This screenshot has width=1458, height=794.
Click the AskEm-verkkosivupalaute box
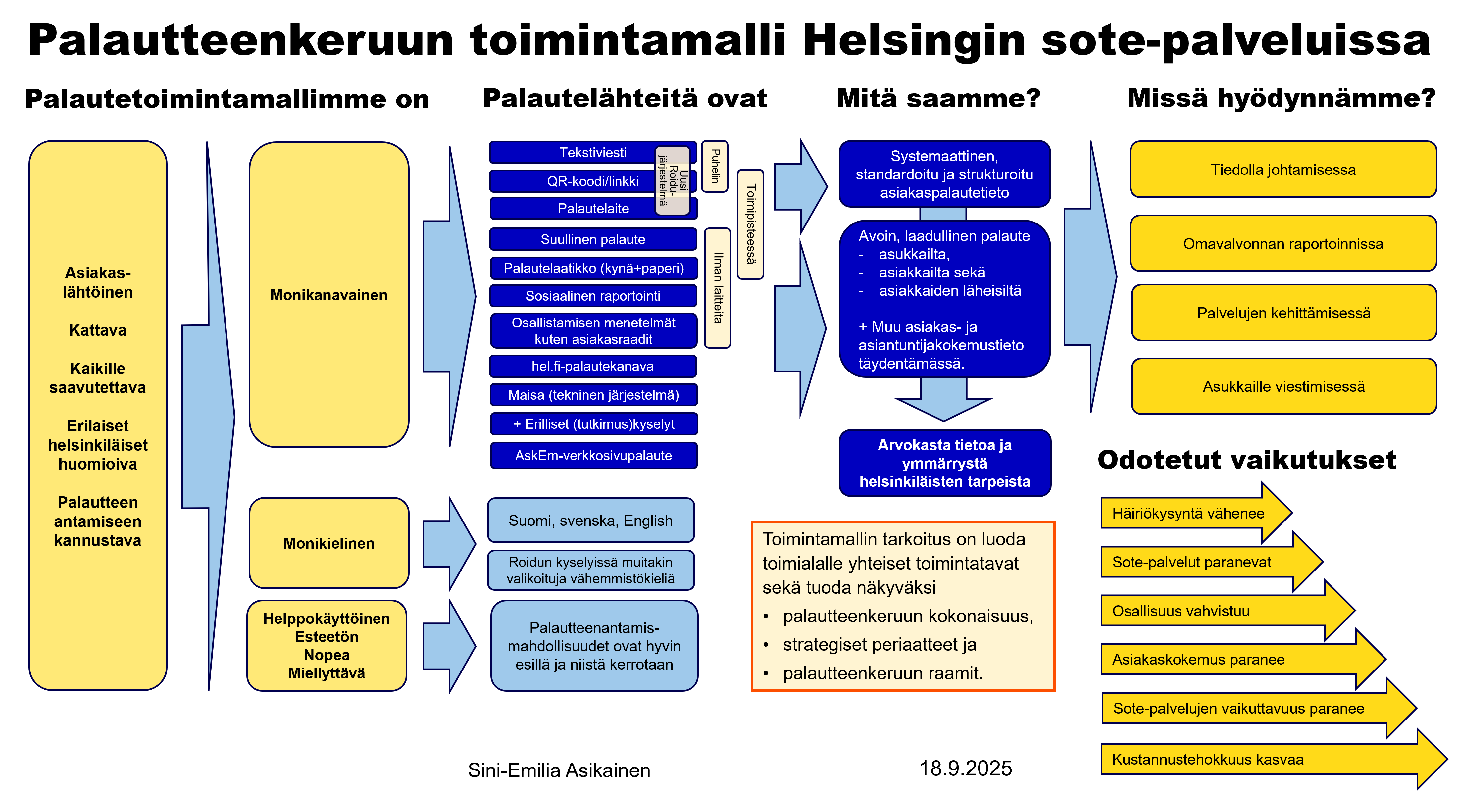tap(593, 456)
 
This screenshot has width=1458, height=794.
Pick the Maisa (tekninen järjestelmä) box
tap(593, 395)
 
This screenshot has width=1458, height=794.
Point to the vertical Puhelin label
tap(715, 167)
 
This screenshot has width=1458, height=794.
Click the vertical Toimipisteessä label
tap(750, 224)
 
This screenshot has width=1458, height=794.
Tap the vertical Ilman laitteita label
tap(718, 287)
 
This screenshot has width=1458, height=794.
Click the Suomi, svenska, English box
tap(590, 521)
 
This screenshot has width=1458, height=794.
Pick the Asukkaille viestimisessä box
tap(1283, 386)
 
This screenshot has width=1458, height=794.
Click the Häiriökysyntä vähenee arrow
tap(1187, 513)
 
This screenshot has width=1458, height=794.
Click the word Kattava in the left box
tap(97, 330)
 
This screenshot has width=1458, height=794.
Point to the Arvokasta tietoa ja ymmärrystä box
tap(944, 463)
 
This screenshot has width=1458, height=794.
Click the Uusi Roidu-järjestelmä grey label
tap(672, 180)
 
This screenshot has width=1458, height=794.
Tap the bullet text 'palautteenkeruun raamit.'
tap(882, 673)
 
